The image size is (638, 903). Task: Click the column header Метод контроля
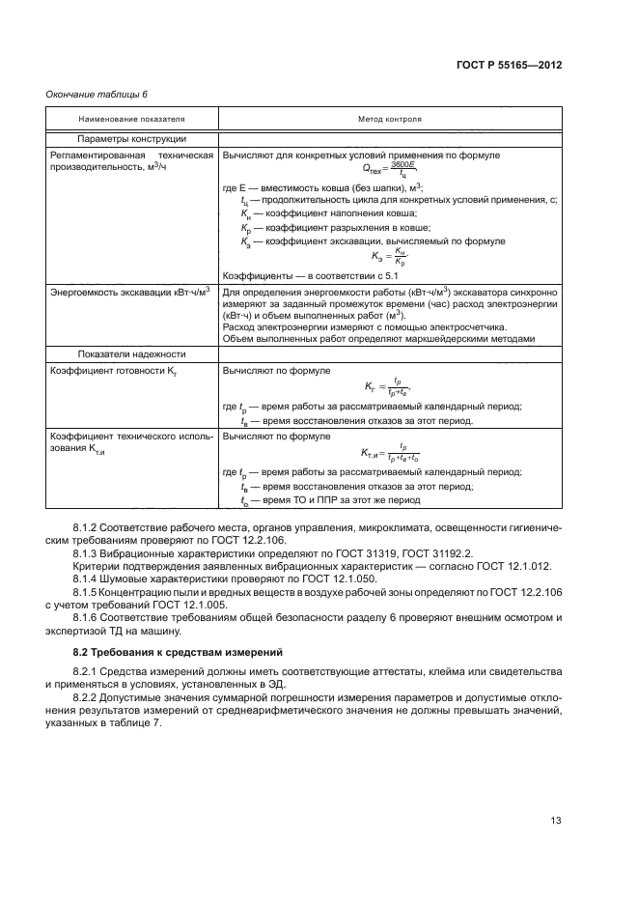389,119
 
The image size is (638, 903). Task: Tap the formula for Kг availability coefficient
389,388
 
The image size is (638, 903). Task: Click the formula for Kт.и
389,453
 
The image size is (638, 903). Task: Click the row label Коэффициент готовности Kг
103,370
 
